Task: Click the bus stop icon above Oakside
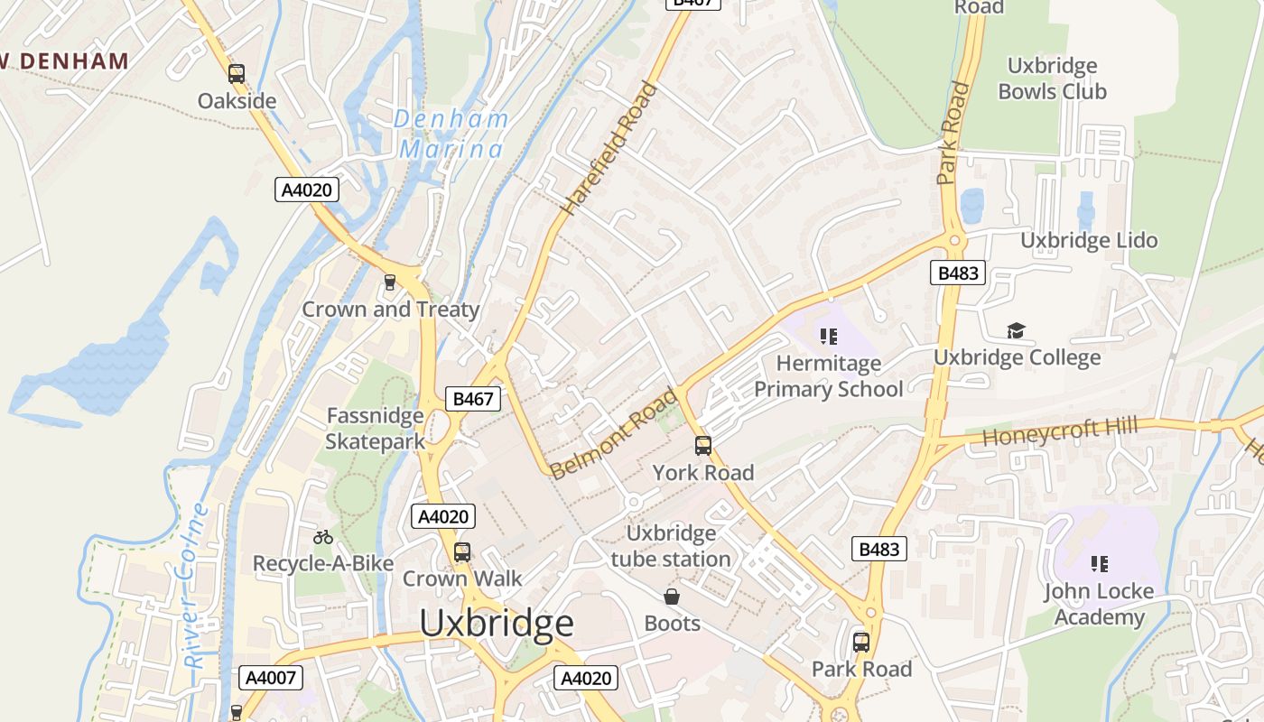click(237, 74)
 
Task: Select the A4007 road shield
click(271, 678)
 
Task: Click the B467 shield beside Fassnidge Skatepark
click(473, 399)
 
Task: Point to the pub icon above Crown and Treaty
click(390, 282)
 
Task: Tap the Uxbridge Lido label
click(1088, 240)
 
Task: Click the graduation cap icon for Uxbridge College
click(1017, 330)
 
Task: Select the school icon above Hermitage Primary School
click(828, 337)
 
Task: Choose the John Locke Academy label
click(1099, 604)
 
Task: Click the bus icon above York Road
click(703, 445)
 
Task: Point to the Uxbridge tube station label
click(671, 546)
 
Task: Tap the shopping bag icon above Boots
click(672, 597)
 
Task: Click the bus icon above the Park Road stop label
click(861, 643)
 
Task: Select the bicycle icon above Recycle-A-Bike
click(323, 537)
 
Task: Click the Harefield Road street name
click(609, 149)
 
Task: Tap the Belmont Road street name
click(613, 433)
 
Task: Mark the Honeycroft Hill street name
click(1059, 432)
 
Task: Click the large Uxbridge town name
click(497, 624)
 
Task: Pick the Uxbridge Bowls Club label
click(1052, 79)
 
